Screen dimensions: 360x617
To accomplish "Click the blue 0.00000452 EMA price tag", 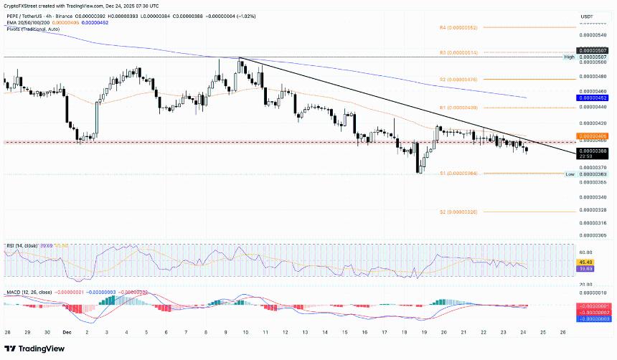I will [593, 98].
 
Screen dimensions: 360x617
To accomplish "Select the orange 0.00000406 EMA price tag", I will [593, 135].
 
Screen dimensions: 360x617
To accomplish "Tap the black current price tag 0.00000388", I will [593, 151].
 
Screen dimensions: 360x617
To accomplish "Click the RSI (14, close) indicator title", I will [21, 246].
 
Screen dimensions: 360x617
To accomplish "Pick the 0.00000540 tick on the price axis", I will [593, 34].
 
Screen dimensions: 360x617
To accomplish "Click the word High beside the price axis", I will [568, 57].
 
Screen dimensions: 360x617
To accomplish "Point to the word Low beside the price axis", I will [569, 174].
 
